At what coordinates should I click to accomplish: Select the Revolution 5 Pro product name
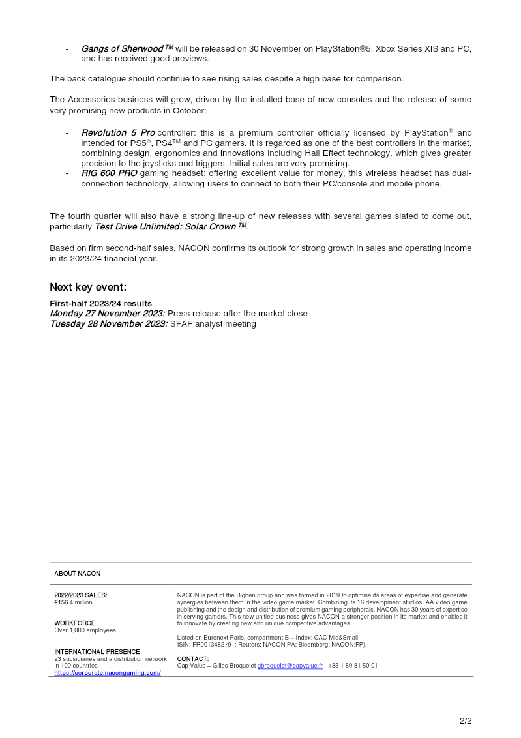pos(117,133)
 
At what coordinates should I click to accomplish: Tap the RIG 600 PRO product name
pos(109,173)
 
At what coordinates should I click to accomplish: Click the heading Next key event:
pos(88,288)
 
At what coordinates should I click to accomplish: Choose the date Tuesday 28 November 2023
pos(108,323)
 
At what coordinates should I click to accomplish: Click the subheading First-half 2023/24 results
pos(100,304)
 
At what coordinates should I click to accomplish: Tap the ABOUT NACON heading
pos(77,574)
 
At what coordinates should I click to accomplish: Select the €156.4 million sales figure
pos(73,602)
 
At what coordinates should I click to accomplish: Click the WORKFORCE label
pos(74,623)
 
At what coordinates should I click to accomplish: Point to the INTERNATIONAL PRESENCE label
pos(97,651)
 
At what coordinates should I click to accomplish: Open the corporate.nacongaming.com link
pos(107,672)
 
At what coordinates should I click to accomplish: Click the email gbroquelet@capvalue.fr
pos(290,666)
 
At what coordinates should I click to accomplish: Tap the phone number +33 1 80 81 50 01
pos(353,666)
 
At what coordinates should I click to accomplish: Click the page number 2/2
pos(466,720)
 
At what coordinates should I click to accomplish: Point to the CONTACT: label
pos(192,658)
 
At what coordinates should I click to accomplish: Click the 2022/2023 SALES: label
pos(80,595)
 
